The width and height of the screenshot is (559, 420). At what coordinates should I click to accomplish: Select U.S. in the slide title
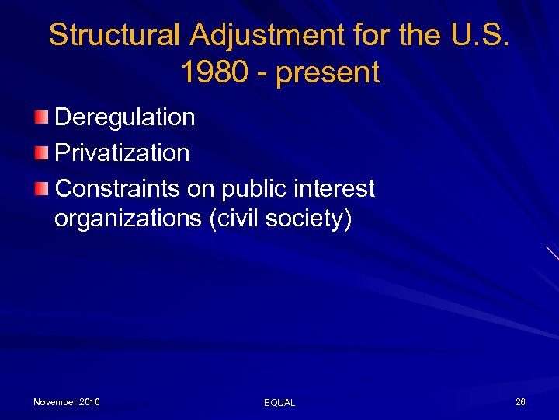pos(477,35)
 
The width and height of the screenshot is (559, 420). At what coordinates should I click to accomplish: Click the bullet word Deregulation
pos(125,117)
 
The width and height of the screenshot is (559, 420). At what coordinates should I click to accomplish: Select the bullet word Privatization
pos(122,152)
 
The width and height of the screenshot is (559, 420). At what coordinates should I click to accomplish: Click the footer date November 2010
pos(67,402)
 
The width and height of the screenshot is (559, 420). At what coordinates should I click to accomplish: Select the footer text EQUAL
pos(279,403)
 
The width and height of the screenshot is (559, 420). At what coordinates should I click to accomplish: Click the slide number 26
pos(520,402)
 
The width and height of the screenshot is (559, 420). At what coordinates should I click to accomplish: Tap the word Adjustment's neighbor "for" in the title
pos(369,35)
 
